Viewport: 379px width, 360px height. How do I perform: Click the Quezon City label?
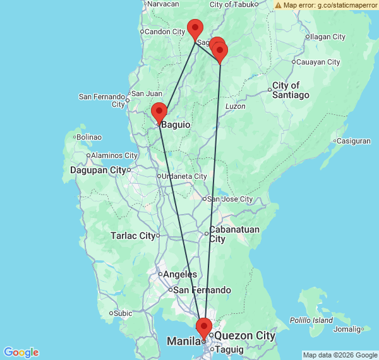245,336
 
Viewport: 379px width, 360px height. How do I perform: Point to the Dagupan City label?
98,170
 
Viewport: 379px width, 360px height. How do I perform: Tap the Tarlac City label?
133,236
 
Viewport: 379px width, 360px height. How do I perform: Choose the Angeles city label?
180,275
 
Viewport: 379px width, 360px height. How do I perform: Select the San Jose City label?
230,199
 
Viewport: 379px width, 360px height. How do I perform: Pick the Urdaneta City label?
184,176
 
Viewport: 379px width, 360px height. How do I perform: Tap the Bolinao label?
89,136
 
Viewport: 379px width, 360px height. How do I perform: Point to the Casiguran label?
353,141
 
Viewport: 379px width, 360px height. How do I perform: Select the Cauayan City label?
318,62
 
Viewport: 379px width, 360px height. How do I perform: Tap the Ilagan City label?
327,37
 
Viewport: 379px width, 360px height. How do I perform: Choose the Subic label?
123,313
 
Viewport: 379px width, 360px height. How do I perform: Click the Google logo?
21,352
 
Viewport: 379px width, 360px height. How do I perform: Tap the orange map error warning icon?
279,5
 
